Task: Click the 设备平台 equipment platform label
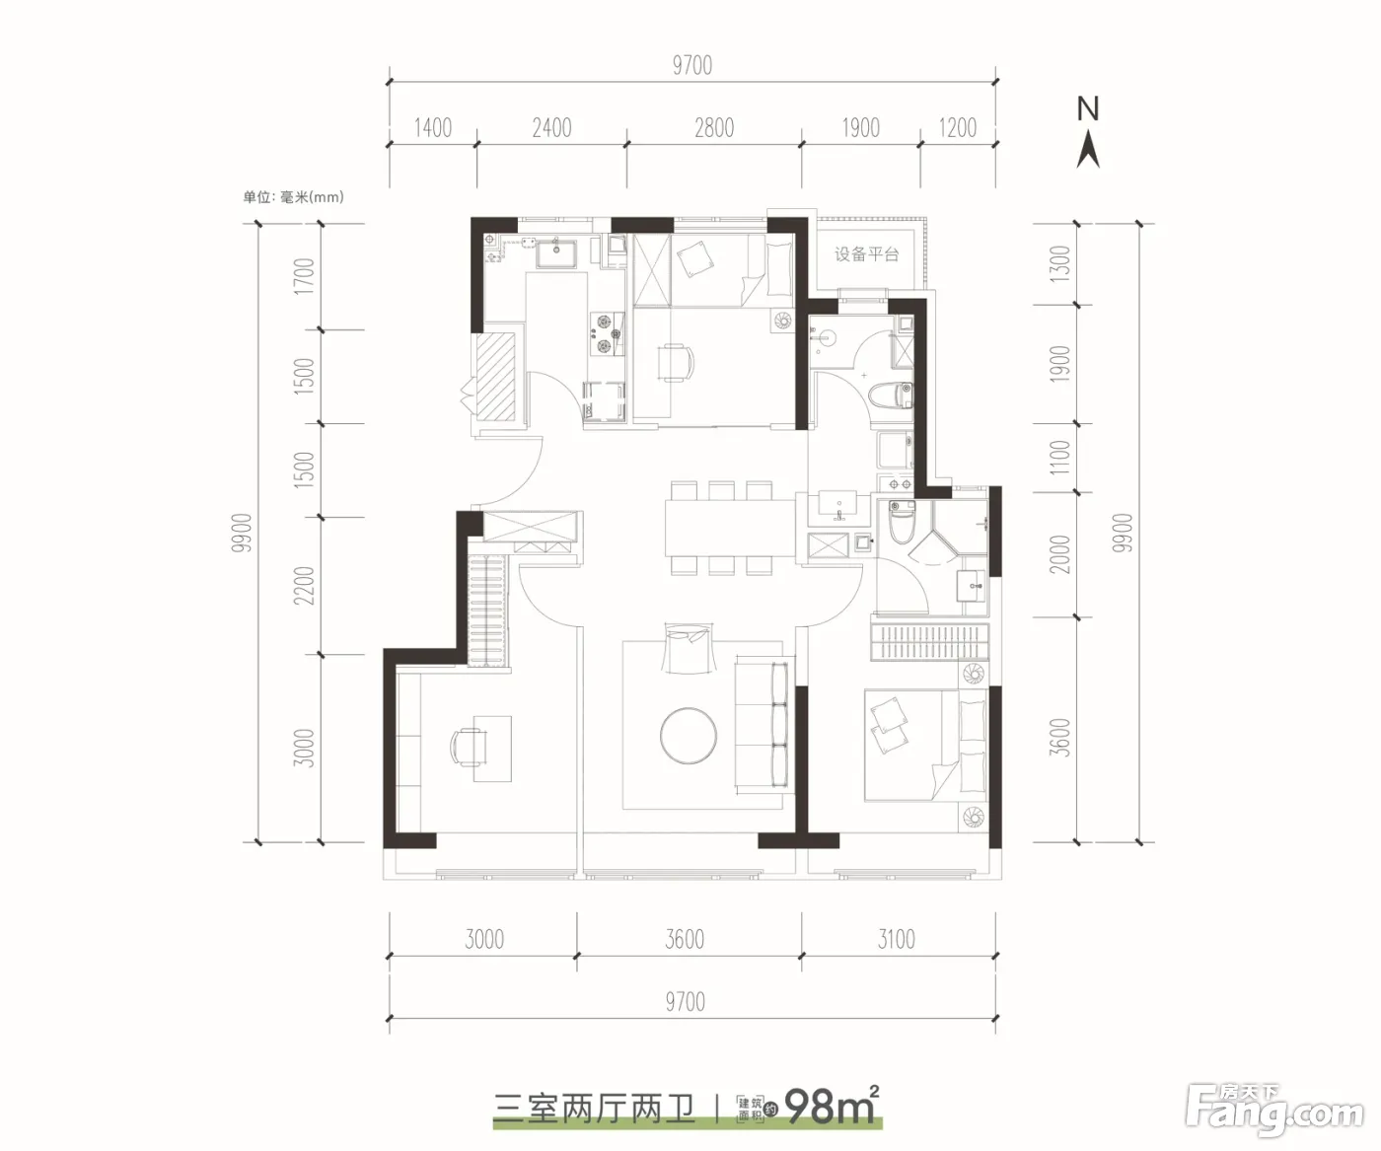click(866, 254)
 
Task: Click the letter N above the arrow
click(1088, 109)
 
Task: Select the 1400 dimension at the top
click(433, 127)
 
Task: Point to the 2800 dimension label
click(714, 127)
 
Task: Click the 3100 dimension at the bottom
click(897, 939)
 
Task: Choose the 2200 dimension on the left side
click(304, 586)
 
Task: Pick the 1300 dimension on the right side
click(1059, 264)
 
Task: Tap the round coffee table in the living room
click(688, 736)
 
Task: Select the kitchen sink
click(556, 252)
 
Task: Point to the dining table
click(730, 528)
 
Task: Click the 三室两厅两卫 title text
click(595, 1109)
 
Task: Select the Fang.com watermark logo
click(1273, 1113)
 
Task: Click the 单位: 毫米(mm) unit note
click(293, 197)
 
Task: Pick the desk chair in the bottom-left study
click(467, 748)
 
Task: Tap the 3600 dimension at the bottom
click(685, 939)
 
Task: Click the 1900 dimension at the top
click(860, 127)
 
